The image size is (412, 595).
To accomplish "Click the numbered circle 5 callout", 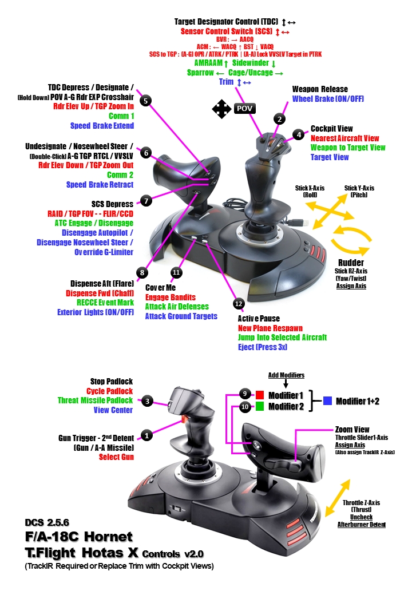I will tap(146, 101).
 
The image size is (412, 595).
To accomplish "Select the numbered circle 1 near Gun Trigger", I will tap(147, 435).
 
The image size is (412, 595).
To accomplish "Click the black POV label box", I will tap(244, 109).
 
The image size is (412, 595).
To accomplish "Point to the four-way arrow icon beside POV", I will tap(222, 109).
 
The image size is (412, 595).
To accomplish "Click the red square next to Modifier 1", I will tap(259, 395).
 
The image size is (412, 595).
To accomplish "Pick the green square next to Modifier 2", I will tap(259, 407).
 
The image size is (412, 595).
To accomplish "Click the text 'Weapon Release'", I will tap(319, 89).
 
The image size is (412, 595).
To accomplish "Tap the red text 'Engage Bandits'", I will tap(171, 297).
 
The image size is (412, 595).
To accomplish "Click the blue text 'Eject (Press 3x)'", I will tap(263, 347).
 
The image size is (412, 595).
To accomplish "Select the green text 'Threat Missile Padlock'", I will tap(95, 400).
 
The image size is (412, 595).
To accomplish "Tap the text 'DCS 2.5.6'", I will tap(46, 522).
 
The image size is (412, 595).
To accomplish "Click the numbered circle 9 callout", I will tap(244, 395).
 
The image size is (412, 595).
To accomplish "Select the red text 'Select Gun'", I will tap(117, 457).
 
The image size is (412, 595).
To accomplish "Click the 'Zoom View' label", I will tap(352, 429).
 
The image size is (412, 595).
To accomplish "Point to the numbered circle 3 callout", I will tap(147, 401).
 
